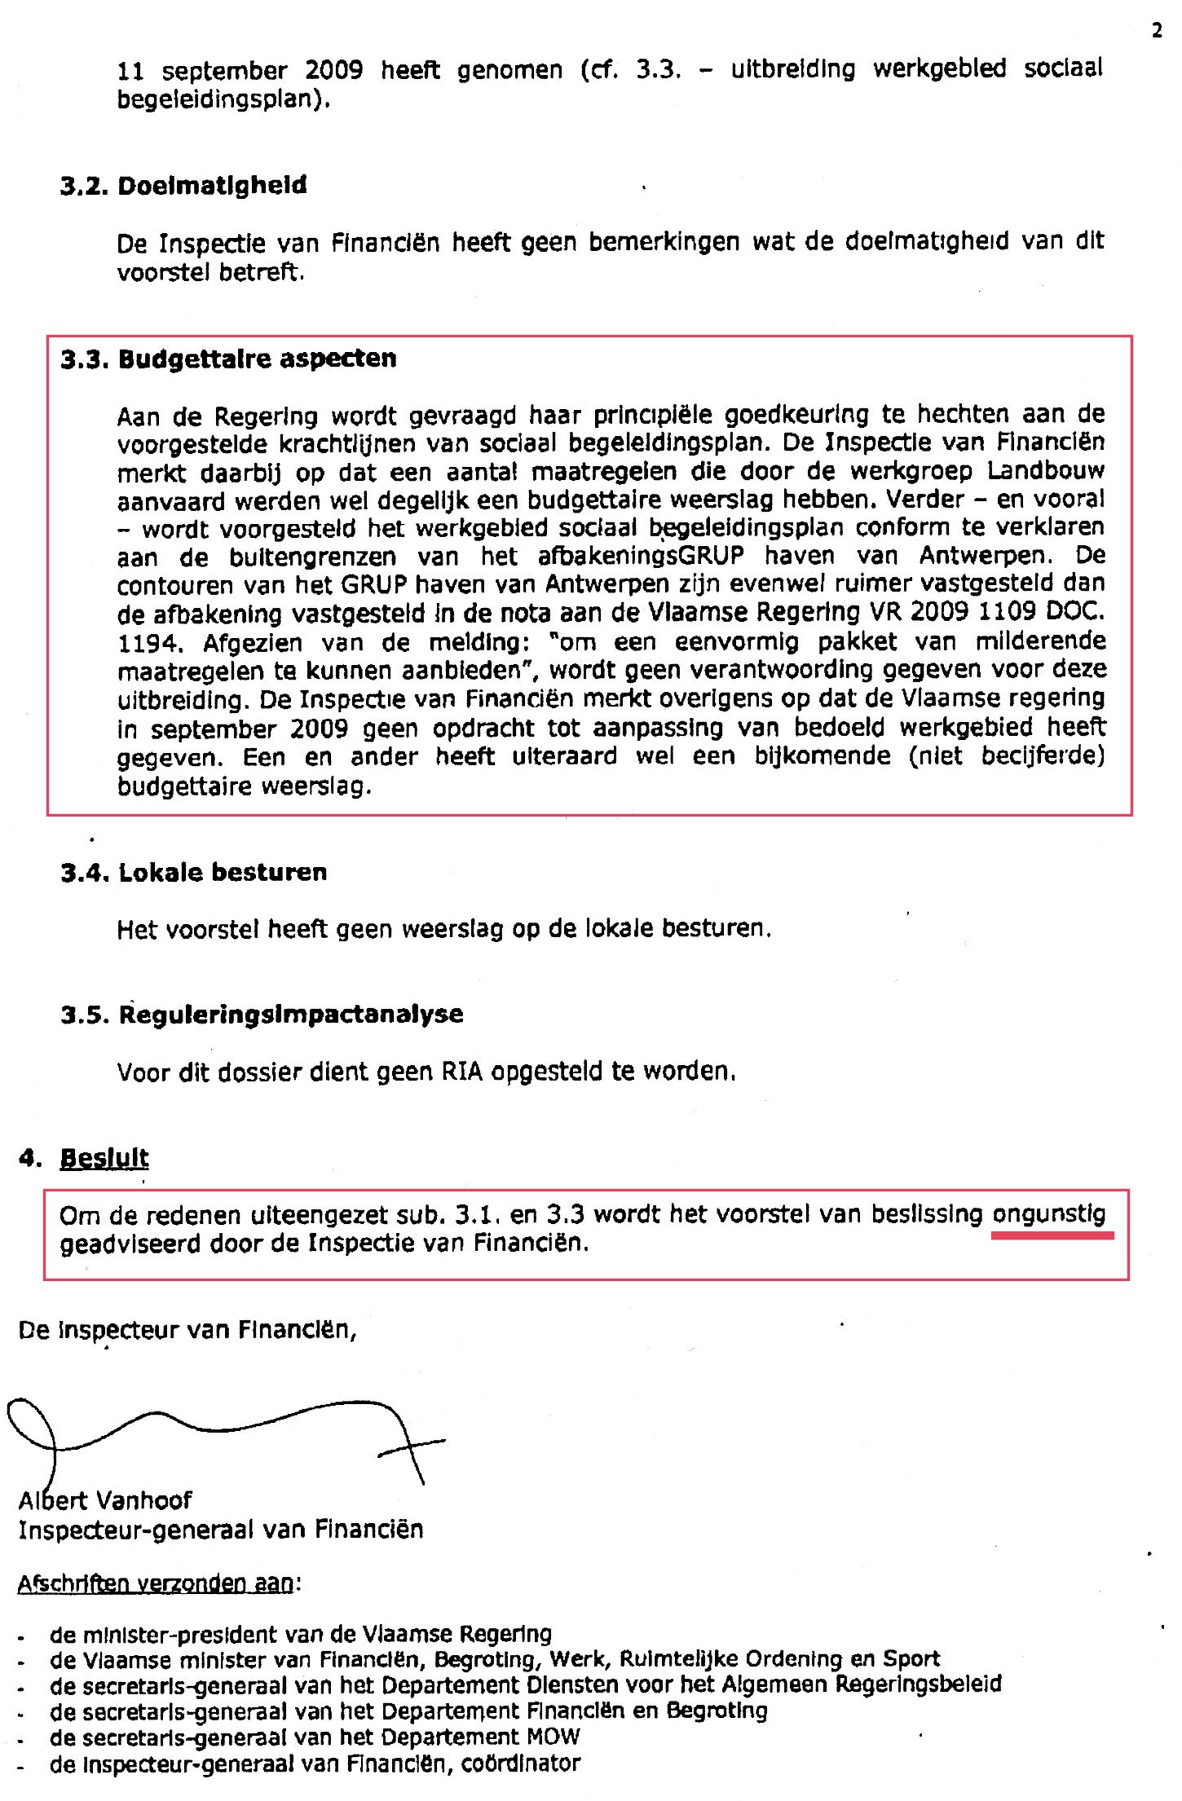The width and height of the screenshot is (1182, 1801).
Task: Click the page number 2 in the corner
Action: [1157, 31]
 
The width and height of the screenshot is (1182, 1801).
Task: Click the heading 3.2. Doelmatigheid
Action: [183, 186]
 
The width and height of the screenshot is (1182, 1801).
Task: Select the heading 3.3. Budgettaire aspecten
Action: [228, 359]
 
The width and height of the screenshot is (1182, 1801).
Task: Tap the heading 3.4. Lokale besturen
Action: [193, 873]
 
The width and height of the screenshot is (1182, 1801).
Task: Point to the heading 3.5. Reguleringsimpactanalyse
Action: [261, 1015]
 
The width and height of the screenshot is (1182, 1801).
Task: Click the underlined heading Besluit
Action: [104, 1158]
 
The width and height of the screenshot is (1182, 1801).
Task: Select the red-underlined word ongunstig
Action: [1048, 1214]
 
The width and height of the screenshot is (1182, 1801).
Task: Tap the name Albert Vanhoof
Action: [105, 1500]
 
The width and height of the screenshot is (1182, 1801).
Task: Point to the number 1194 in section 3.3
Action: [147, 643]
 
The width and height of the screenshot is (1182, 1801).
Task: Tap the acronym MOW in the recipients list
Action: [554, 1737]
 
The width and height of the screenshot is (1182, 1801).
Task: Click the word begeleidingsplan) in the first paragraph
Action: [224, 100]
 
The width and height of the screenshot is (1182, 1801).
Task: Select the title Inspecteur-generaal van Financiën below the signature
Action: [220, 1530]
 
